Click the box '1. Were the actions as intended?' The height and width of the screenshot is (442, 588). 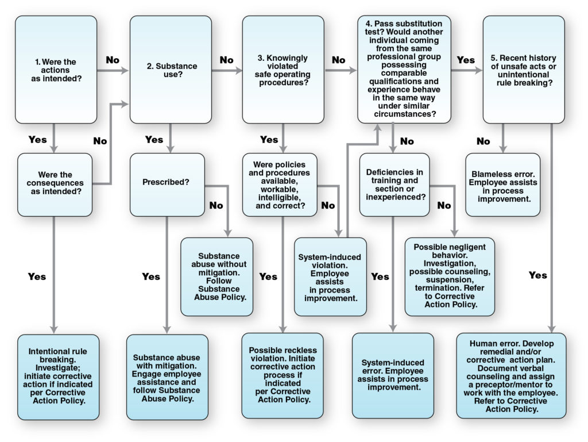pyautogui.click(x=56, y=69)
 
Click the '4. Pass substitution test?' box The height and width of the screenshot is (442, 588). pyautogui.click(x=404, y=69)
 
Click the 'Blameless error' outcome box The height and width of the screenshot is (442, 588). pyautogui.click(x=503, y=184)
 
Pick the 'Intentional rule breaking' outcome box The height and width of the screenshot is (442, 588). pyautogui.click(x=56, y=376)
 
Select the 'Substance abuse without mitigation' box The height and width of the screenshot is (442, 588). pyautogui.click(x=216, y=276)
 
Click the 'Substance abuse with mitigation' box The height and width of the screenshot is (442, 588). pyautogui.click(x=167, y=376)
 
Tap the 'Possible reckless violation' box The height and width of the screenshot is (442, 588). pyautogui.click(x=282, y=375)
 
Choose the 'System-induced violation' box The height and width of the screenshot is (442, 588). pyautogui.click(x=330, y=276)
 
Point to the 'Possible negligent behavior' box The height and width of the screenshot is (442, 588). pyautogui.click(x=450, y=276)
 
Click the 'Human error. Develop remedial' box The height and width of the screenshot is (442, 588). pyautogui.click(x=511, y=375)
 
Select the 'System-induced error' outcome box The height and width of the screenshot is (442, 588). pyautogui.click(x=393, y=375)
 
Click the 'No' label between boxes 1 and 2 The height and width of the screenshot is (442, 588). pyautogui.click(x=113, y=60)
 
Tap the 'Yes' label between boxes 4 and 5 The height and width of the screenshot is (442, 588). pyautogui.click(x=466, y=60)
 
